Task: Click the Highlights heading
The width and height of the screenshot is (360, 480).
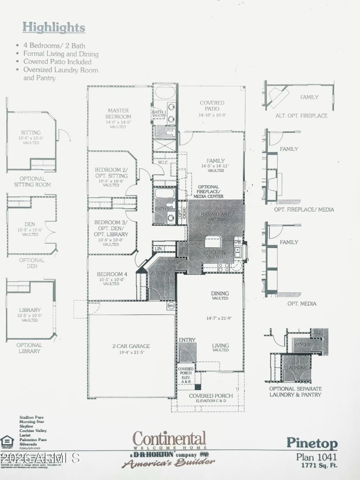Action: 54,27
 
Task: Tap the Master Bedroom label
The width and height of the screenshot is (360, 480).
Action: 118,113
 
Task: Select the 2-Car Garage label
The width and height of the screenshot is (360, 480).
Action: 131,346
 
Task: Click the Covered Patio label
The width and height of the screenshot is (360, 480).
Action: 212,106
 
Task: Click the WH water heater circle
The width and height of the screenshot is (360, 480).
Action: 171,305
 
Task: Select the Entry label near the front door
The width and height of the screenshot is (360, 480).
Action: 187,340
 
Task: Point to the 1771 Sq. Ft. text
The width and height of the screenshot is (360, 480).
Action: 318,466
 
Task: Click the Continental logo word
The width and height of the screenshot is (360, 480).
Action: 169,439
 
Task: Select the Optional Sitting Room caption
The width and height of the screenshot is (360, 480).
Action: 32,181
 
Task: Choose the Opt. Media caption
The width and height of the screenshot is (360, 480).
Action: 301,303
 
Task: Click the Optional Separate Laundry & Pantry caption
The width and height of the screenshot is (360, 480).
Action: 295,391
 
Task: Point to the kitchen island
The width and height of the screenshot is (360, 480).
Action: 215,242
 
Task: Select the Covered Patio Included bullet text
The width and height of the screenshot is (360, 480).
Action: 57,62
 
